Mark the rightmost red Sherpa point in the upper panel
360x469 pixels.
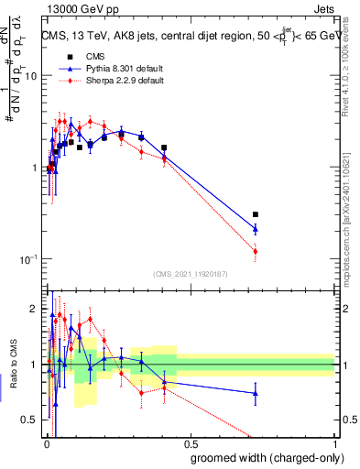(256, 251)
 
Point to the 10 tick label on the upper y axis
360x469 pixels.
(29, 76)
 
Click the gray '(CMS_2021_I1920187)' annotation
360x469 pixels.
(190, 274)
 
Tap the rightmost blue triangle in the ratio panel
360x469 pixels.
(256, 393)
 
